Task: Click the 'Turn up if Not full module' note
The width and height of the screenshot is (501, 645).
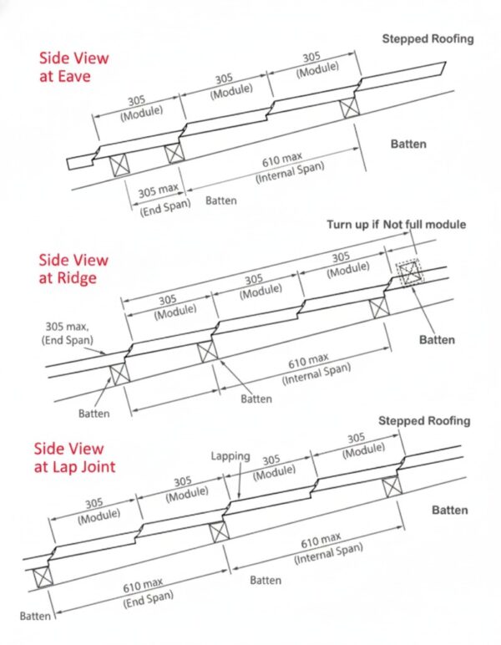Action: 396,225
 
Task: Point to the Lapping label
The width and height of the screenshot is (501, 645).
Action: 230,456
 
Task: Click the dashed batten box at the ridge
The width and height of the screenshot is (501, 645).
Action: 408,273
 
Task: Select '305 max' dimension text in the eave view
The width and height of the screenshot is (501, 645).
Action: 158,190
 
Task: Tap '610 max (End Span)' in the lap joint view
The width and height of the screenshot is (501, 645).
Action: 147,592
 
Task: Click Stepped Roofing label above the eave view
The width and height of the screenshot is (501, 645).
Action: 428,39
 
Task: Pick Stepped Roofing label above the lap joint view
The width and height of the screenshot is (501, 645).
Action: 424,421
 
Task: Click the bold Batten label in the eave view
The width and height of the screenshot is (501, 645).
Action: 408,144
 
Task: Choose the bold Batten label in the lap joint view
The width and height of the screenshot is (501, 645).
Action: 449,510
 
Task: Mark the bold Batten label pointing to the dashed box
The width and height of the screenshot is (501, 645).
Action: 437,340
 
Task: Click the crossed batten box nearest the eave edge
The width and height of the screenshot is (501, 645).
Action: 119,165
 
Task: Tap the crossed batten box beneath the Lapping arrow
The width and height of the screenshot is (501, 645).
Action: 220,532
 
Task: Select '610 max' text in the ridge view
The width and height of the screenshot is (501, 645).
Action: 308,361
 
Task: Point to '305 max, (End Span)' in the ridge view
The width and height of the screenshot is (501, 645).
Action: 67,333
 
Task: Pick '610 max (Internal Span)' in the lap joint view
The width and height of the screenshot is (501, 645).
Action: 328,548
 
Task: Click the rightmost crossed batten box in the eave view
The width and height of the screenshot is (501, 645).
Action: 350,108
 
